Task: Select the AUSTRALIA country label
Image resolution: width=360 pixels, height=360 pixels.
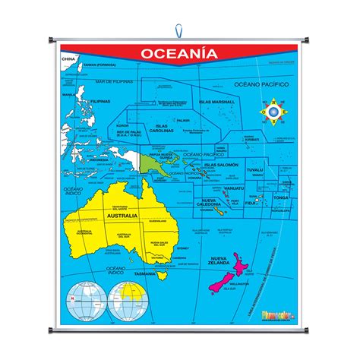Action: click(122, 216)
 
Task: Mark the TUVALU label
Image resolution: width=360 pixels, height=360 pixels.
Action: click(254, 170)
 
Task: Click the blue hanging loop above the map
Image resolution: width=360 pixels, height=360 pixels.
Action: click(180, 31)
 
